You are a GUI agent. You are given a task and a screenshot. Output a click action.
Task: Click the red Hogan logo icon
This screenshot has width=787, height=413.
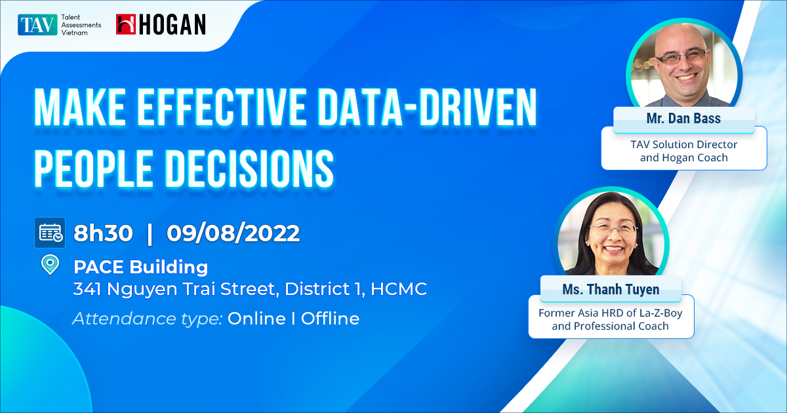pyautogui.click(x=126, y=24)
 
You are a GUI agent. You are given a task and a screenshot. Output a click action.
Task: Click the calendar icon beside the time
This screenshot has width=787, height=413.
pyautogui.click(x=50, y=233)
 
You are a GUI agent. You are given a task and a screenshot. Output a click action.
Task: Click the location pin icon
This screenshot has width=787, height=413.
pyautogui.click(x=49, y=265)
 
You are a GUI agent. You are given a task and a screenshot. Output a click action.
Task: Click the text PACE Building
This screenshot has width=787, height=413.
pyautogui.click(x=140, y=267)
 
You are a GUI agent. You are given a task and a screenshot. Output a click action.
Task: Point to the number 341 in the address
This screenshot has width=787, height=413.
pyautogui.click(x=87, y=288)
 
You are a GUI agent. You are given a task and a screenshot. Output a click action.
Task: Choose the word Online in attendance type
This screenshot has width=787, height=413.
pyautogui.click(x=256, y=319)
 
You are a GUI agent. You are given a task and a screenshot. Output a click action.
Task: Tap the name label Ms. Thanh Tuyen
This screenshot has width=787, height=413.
pyautogui.click(x=610, y=288)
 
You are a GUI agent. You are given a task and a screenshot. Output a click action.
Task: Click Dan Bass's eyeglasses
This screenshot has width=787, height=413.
pyautogui.click(x=683, y=57)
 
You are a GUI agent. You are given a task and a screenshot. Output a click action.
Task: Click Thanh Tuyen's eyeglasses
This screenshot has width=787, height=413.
pyautogui.click(x=613, y=229)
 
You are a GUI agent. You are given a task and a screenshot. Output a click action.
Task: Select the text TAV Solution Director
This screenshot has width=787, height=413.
pyautogui.click(x=684, y=144)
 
